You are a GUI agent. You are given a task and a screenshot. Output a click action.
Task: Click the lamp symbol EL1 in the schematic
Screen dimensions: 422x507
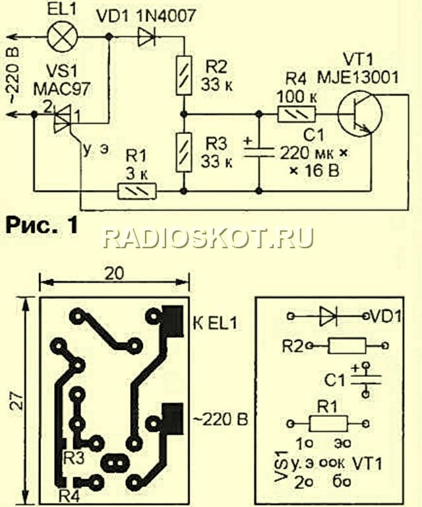point(63,37)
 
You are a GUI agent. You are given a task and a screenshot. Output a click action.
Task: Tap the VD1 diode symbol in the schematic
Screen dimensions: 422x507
point(146,37)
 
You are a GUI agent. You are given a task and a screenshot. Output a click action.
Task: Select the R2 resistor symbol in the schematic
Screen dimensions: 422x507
point(184,75)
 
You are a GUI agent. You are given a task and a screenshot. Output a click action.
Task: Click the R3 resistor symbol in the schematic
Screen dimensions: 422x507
point(184,152)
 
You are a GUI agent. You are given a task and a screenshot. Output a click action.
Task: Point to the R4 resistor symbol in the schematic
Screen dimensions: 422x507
point(297,114)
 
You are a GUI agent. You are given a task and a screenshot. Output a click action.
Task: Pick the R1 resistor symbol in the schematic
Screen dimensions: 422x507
point(137,191)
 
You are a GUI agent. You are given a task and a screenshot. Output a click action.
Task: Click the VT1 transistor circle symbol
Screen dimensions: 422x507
point(359,114)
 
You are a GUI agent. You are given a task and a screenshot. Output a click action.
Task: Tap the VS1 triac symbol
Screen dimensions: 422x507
point(63,119)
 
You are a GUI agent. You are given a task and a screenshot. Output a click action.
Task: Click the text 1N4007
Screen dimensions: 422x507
point(166,15)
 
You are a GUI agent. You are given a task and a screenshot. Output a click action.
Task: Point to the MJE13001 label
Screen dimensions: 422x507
point(358,78)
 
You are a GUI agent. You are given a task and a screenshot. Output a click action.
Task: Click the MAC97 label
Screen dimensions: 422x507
point(61,89)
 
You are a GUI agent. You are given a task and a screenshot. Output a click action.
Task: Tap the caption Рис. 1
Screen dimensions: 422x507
point(42,225)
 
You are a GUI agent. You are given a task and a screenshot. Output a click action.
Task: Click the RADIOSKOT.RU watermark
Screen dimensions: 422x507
point(208,238)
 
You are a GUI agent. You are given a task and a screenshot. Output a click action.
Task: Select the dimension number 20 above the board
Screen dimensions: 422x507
point(114,273)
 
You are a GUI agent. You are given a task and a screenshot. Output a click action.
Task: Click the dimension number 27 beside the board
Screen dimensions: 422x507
point(18,401)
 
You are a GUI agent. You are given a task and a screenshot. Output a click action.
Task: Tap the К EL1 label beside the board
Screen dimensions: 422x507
point(216,323)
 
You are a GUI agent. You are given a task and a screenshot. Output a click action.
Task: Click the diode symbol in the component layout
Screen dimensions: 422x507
point(328,316)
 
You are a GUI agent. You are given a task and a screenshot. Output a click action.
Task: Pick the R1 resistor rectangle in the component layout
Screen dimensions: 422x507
point(328,423)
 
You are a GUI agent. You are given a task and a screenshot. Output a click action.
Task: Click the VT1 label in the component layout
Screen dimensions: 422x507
point(367,464)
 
